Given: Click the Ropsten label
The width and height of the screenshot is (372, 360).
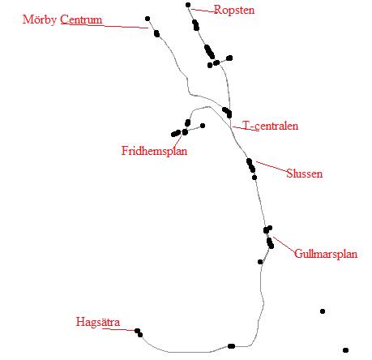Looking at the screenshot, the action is (234, 11).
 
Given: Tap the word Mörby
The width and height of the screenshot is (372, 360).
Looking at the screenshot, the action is (40, 19).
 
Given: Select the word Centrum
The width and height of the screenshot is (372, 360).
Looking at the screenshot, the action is (81, 19).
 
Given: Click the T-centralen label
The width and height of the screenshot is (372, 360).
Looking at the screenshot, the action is (270, 126).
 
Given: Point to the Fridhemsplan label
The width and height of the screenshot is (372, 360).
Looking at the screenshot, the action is (154, 151).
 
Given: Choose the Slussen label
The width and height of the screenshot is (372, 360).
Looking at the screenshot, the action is (305, 174).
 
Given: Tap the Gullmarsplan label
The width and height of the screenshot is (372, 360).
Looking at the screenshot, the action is (326, 254).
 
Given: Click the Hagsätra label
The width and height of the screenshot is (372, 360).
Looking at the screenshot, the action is (98, 322).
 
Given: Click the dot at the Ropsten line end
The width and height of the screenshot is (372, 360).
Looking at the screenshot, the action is (188, 5).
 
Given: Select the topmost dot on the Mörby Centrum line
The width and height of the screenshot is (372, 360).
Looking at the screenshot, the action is (148, 19).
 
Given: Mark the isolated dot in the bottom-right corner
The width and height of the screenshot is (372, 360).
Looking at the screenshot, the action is (345, 350).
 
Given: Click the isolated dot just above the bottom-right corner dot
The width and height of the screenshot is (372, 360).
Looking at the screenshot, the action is (323, 311).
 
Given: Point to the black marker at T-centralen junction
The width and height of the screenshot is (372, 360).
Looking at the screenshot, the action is (227, 112).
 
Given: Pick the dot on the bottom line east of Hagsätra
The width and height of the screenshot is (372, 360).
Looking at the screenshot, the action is (231, 346).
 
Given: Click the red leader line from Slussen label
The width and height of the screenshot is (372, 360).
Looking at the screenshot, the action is (272, 167).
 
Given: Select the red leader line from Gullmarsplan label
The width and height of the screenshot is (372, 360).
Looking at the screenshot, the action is (284, 245).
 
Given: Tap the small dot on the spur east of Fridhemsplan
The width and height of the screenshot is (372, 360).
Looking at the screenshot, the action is (203, 126).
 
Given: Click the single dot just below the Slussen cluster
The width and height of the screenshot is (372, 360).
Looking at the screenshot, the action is (254, 178).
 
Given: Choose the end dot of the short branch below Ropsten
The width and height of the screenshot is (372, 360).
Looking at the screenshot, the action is (229, 58).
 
